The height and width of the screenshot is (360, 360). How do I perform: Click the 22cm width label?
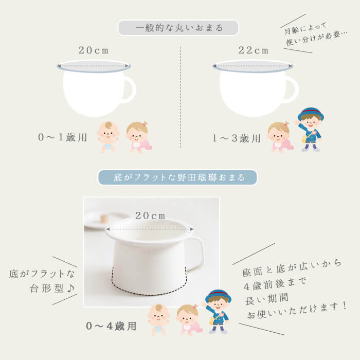253,50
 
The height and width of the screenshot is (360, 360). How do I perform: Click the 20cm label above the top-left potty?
94,50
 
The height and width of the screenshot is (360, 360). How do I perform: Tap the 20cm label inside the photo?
150,215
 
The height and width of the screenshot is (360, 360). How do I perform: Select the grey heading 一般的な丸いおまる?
178,28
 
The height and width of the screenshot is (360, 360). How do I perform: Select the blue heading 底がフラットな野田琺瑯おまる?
178,177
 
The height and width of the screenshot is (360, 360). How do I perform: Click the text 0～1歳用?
62,137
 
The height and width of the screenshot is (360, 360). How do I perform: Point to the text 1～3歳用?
236,138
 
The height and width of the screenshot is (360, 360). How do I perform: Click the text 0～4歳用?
111,326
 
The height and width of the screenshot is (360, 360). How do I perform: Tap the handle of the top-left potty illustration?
133,89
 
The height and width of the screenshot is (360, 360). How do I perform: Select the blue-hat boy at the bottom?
217,312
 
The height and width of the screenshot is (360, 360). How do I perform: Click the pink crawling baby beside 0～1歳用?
139,137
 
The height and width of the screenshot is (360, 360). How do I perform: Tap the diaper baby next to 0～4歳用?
158,320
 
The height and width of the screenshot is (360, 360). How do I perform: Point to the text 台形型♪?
52,288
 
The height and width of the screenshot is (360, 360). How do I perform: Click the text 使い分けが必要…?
317,38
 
